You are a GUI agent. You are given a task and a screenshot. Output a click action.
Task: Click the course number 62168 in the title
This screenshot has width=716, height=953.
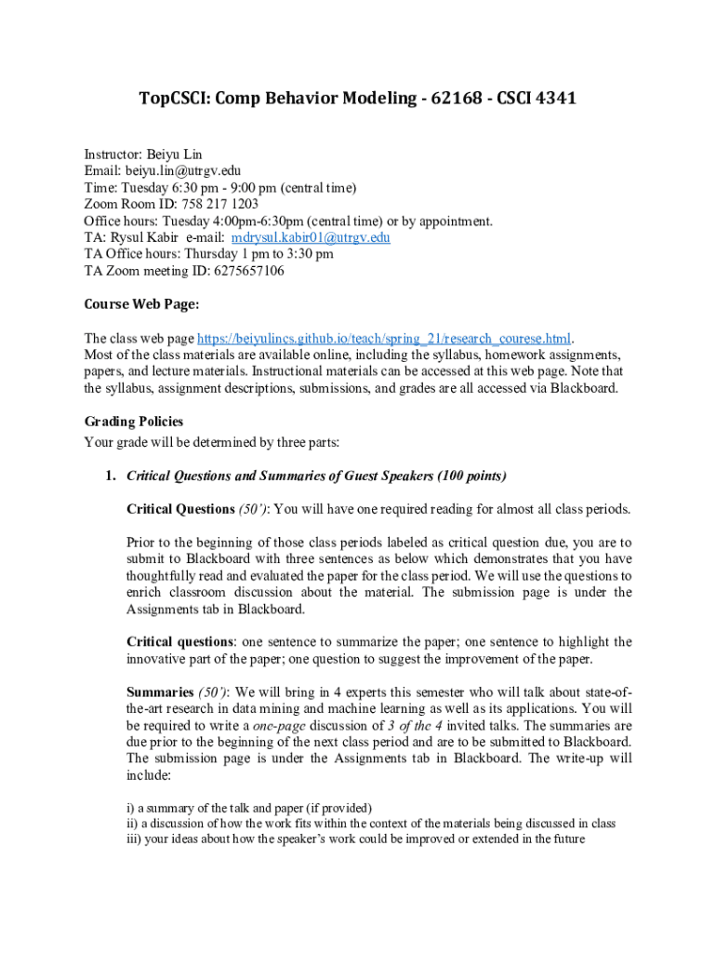tap(452, 98)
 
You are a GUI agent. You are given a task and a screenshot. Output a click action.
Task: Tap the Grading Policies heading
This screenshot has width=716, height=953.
tap(133, 422)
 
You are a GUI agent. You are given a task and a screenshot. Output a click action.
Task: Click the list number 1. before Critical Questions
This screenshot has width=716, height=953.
tap(110, 476)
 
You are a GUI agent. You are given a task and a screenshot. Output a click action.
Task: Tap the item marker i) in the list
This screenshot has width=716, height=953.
tap(130, 807)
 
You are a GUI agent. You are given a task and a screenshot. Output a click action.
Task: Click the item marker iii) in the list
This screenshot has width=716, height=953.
tap(135, 839)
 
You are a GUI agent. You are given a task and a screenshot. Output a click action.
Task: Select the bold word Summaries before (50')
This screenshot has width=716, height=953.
tap(160, 692)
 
